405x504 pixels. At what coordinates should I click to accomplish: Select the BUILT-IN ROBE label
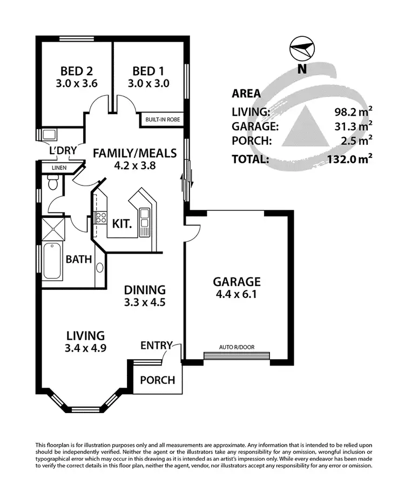(x=163, y=120)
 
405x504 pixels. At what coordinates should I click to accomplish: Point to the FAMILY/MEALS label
(x=134, y=153)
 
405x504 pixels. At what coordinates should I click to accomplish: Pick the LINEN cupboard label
(x=59, y=168)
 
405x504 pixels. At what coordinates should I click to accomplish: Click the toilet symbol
(x=53, y=185)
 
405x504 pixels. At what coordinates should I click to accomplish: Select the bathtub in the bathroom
(x=52, y=262)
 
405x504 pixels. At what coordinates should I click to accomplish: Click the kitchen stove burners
(x=100, y=217)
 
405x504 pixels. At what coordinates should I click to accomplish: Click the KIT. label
(x=122, y=223)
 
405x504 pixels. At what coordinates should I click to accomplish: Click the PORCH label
(x=158, y=380)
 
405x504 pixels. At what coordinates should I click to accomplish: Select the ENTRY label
(x=156, y=346)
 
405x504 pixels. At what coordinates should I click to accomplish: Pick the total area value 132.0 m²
(x=350, y=159)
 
